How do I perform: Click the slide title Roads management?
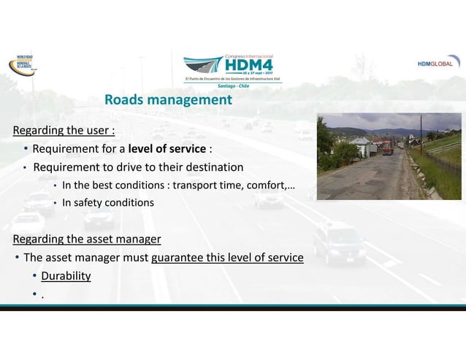click(x=168, y=99)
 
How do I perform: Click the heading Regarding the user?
click(x=64, y=131)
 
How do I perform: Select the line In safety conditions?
click(x=108, y=202)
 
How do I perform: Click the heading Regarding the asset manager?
click(x=87, y=239)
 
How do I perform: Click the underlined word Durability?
click(x=66, y=276)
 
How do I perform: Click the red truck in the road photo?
click(x=387, y=148)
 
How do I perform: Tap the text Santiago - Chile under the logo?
click(x=233, y=85)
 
